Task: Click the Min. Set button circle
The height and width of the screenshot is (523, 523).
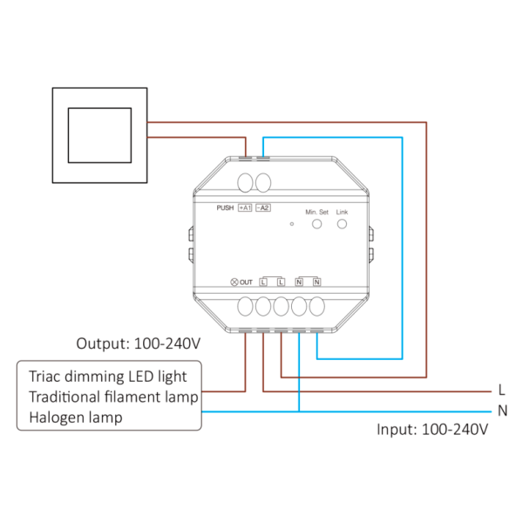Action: coord(317,225)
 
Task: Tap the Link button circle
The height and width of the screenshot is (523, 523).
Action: coord(342,225)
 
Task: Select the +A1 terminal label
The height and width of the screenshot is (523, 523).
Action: coord(245,208)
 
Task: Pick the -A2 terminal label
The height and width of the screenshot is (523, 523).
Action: coord(262,208)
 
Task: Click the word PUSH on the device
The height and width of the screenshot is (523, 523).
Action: coord(225,208)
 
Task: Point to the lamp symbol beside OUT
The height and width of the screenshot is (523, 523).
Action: coord(234,282)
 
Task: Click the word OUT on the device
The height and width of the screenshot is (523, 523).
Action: coord(246,282)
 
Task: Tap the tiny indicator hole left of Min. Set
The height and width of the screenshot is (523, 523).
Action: coord(292,225)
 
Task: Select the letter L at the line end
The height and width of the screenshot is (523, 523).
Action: coord(501,391)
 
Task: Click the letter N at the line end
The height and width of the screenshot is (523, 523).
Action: coord(502,411)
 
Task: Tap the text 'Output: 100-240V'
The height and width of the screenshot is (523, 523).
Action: coord(139,343)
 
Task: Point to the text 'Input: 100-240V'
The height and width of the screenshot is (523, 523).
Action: coord(431,430)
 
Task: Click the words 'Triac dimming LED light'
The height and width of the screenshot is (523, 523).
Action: coord(107,377)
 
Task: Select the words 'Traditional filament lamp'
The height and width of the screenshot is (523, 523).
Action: coord(113,397)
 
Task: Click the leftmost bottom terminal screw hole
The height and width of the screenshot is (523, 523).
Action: coord(245,307)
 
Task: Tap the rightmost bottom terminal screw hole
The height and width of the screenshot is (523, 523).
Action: coord(317,307)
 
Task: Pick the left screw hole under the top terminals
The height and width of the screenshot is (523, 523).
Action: coord(245,183)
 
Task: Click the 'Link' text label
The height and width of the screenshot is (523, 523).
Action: coord(342,212)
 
